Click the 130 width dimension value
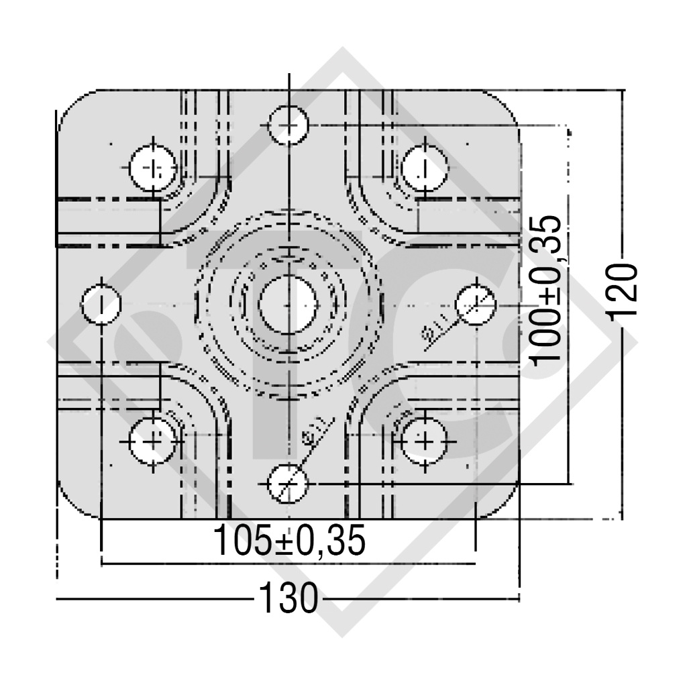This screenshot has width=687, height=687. pyautogui.click(x=288, y=598)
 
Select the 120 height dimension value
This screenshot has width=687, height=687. pyautogui.click(x=623, y=292)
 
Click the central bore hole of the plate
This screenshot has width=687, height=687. pyautogui.click(x=288, y=304)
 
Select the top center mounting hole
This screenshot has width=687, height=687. pyautogui.click(x=288, y=125)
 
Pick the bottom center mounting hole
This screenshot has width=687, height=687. pyautogui.click(x=288, y=482)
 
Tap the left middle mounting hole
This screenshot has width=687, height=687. pyautogui.click(x=101, y=304)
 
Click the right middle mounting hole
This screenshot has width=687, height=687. pyautogui.click(x=475, y=304)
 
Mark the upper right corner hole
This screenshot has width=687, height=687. pyautogui.click(x=424, y=167)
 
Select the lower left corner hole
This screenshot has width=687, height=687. pyautogui.click(x=153, y=441)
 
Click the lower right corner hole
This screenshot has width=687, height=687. pyautogui.click(x=424, y=441)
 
